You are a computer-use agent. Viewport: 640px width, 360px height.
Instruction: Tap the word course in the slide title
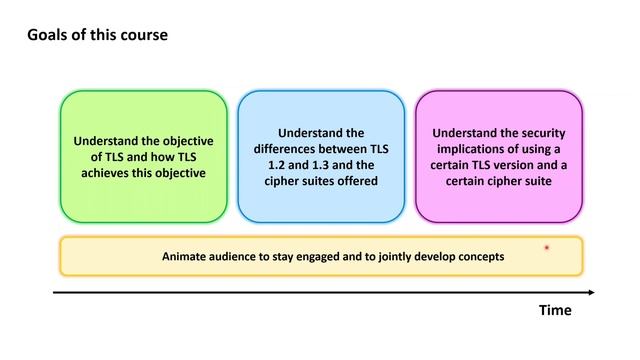(x=145, y=35)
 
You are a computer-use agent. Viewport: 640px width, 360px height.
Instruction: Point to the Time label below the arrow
(x=555, y=310)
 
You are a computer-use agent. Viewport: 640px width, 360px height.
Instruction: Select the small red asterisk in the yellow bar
(x=547, y=247)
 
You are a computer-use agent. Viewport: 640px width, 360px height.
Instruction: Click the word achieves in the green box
(x=107, y=173)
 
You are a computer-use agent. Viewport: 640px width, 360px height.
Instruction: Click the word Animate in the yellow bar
(x=187, y=256)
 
